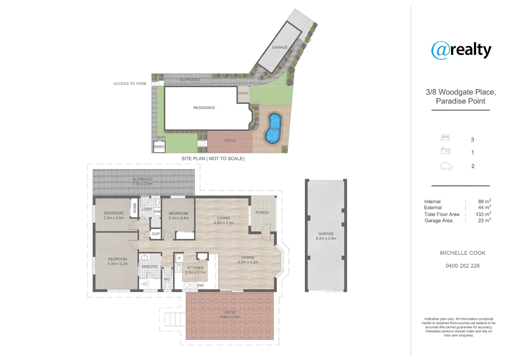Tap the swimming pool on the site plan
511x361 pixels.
click(274, 128)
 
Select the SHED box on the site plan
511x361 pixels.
click(159, 147)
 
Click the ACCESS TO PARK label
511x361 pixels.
click(130, 84)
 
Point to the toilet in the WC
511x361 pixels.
click(168, 285)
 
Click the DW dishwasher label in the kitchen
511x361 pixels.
click(200, 285)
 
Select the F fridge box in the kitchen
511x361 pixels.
click(179, 258)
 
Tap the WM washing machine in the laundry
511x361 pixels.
click(157, 212)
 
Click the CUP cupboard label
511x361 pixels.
click(156, 234)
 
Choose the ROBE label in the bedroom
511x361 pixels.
click(135, 208)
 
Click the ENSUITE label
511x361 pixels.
click(149, 267)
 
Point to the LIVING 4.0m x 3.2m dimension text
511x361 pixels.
click(224, 223)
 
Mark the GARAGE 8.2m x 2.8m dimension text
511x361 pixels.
click(326, 238)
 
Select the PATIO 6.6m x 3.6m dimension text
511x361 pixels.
click(230, 317)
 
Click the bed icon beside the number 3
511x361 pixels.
click(445, 138)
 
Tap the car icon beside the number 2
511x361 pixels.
click(446, 166)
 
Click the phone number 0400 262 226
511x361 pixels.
click(463, 266)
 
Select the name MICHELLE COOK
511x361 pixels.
click(463, 253)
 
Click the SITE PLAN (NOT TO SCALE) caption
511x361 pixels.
click(213, 158)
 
